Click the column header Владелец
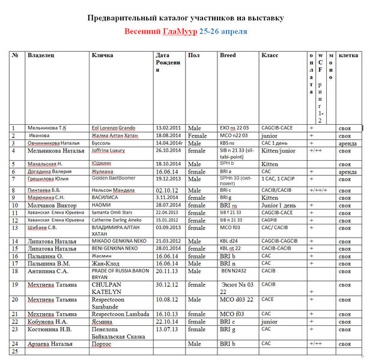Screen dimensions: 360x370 click(41, 55)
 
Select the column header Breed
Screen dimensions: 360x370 click(228, 55)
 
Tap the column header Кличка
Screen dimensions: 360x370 click(102, 55)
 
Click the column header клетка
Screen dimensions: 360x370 click(348, 55)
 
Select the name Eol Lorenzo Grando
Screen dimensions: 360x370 click(113, 128)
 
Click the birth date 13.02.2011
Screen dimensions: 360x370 click(169, 128)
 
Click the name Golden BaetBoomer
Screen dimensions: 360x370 click(114, 178)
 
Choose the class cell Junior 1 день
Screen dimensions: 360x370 click(279, 205)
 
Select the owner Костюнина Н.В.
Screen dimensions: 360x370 click(50, 329)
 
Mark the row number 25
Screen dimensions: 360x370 click(14, 351)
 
